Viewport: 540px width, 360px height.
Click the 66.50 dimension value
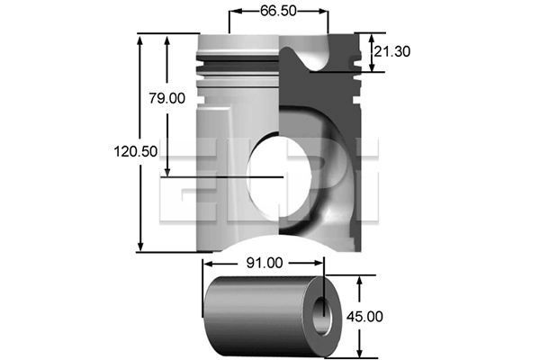[x=278, y=11]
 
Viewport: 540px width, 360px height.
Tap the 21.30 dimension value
[x=392, y=51]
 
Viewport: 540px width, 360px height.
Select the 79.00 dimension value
[x=167, y=98]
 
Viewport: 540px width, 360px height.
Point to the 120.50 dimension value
[x=136, y=151]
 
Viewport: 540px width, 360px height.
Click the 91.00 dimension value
[x=265, y=263]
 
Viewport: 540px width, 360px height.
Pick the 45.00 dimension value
[x=364, y=317]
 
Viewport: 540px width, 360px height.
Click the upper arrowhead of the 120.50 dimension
[x=139, y=40]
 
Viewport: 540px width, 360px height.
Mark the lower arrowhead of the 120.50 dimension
[x=140, y=247]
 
